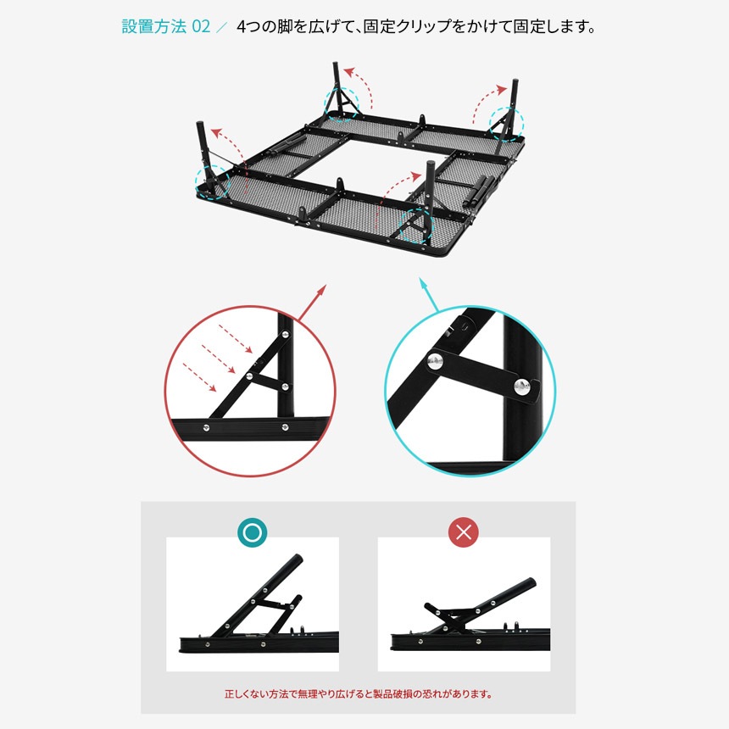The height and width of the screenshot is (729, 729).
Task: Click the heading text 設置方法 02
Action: pyautogui.click(x=165, y=26)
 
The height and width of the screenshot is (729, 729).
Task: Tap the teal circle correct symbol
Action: pyautogui.click(x=252, y=532)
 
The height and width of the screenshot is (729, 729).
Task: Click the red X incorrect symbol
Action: pyautogui.click(x=463, y=532)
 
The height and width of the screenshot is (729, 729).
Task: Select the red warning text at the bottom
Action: pyautogui.click(x=358, y=693)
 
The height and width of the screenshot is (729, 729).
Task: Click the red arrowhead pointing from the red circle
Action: pyautogui.click(x=322, y=290)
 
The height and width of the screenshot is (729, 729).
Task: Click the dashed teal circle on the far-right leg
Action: pyautogui.click(x=507, y=123)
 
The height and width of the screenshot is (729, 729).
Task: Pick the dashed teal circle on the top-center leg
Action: pyautogui.click(x=342, y=103)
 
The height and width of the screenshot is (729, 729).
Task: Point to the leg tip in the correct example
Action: pyautogui.click(x=298, y=561)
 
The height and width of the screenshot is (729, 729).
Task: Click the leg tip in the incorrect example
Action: pyautogui.click(x=531, y=585)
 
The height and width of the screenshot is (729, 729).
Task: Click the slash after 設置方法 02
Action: pyautogui.click(x=222, y=26)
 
